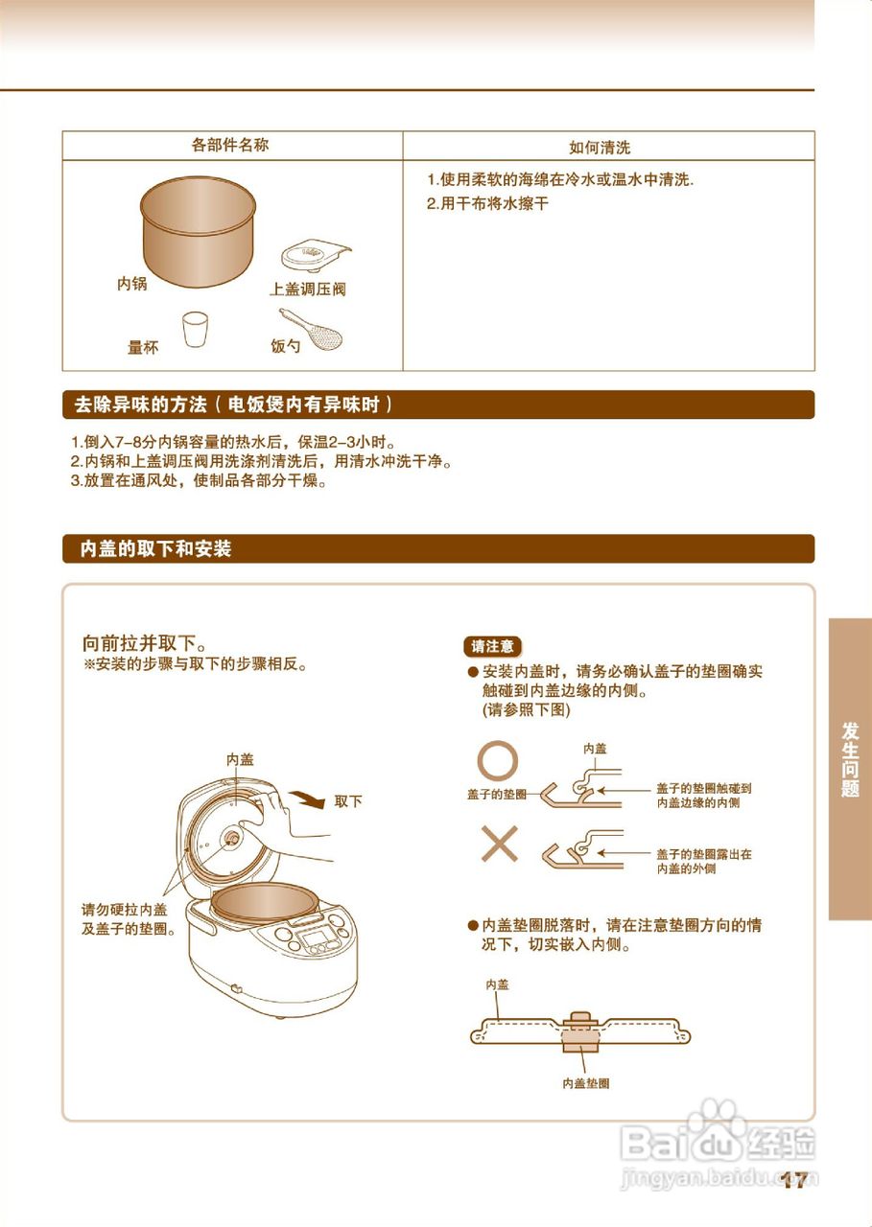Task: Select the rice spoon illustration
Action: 315,329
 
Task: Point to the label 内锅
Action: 131,285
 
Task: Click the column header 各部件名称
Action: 230,145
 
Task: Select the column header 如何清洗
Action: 600,148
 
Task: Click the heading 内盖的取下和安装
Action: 155,549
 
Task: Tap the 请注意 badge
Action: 493,646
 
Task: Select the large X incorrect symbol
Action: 499,845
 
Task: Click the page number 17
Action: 793,1181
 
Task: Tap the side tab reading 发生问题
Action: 850,757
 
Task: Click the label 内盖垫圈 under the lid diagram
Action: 585,1083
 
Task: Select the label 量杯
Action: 143,348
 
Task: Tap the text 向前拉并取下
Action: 145,642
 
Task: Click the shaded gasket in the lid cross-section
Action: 579,1030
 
